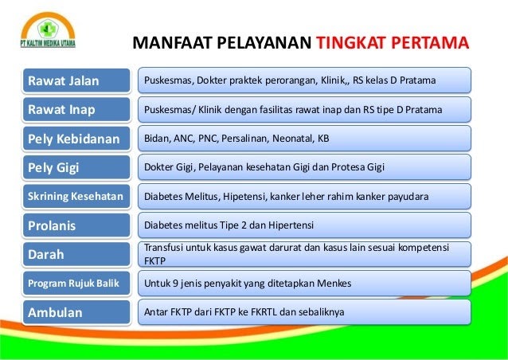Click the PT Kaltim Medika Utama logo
coord(48,30)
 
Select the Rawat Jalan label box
coord(76,80)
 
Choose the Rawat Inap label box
coord(76,110)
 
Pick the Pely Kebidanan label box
coord(76,139)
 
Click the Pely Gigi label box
coord(76,167)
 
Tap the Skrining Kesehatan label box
coord(76,197)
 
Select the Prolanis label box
coord(76,225)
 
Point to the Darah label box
coord(76,254)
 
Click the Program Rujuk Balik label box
coord(76,284)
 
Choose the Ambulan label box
coord(76,312)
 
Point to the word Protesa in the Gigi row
coord(348,167)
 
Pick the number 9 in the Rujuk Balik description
coord(175,284)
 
